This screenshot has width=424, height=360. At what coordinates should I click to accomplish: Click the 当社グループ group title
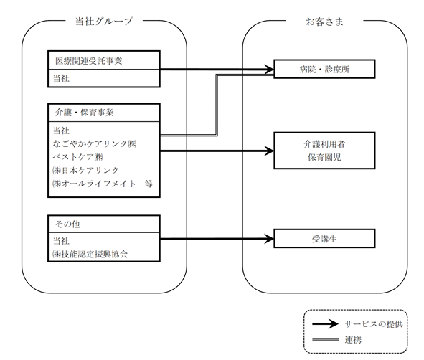pyautogui.click(x=104, y=21)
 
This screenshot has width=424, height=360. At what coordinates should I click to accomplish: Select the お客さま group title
pyautogui.click(x=324, y=22)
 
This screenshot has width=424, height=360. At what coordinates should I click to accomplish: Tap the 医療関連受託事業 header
pyautogui.click(x=89, y=61)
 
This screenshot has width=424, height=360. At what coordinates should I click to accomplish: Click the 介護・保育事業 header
pyautogui.click(x=85, y=113)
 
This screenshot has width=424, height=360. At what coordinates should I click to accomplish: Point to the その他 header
pyautogui.click(x=67, y=224)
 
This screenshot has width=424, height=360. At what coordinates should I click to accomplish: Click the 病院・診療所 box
pyautogui.click(x=324, y=69)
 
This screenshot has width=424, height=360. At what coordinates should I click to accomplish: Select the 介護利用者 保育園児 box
pyautogui.click(x=324, y=151)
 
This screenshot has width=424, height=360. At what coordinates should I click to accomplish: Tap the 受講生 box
pyautogui.click(x=324, y=239)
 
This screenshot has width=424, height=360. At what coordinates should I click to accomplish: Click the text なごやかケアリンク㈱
pyautogui.click(x=95, y=143)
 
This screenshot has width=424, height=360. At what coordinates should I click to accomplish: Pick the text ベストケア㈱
pyautogui.click(x=78, y=157)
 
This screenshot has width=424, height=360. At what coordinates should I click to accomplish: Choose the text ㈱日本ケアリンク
pyautogui.click(x=85, y=170)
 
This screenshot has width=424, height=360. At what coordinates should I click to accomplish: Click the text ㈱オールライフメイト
pyautogui.click(x=94, y=184)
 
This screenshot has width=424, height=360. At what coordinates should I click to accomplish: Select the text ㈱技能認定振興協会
pyautogui.click(x=90, y=254)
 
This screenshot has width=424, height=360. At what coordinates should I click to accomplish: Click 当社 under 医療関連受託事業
pyautogui.click(x=61, y=78)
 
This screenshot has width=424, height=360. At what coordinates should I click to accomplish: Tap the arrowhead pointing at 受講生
pyautogui.click(x=269, y=239)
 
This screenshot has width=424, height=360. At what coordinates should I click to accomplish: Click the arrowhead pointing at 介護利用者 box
pyautogui.click(x=269, y=151)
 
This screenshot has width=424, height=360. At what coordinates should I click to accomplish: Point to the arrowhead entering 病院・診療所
pyautogui.click(x=269, y=69)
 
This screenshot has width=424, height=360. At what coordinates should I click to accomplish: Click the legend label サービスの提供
pyautogui.click(x=374, y=324)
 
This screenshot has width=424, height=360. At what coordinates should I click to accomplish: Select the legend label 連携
pyautogui.click(x=353, y=340)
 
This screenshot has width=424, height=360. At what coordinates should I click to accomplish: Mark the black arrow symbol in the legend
pyautogui.click(x=325, y=323)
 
